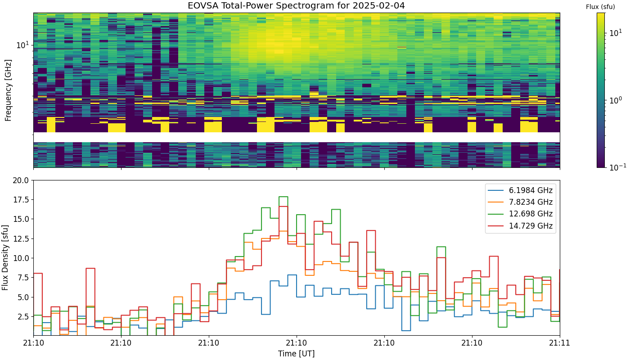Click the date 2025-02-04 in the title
377,5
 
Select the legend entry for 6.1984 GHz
520,190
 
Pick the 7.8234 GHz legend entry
520,202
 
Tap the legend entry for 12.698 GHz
520,214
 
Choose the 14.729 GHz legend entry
520,226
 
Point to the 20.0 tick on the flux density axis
21,180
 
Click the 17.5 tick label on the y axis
21,200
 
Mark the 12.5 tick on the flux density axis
21,239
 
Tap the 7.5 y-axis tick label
22,278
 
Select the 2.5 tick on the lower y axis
22,317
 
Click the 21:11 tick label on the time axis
560,343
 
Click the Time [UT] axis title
297,354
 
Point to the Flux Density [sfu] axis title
5,257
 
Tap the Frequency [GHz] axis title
8,90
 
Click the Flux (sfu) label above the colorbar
600,7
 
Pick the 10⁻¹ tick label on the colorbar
617,167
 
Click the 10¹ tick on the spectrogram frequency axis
22,45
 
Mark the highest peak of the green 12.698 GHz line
283,197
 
